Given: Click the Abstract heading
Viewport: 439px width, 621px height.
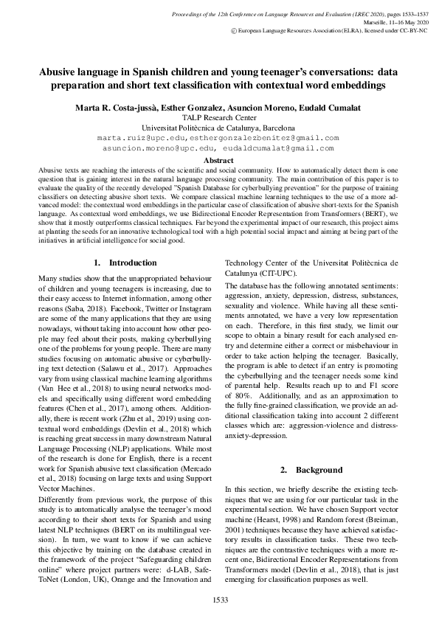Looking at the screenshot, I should click(x=218, y=160).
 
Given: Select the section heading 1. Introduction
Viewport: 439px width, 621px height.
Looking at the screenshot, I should click(x=125, y=263).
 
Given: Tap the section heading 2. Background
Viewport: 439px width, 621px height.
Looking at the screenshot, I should click(x=312, y=470).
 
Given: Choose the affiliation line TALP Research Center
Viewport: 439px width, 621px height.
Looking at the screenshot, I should click(x=219, y=117).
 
